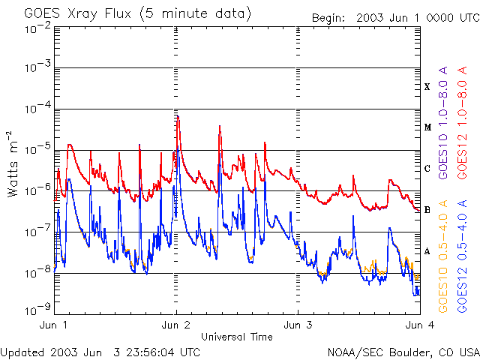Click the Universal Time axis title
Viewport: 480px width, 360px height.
click(x=237, y=337)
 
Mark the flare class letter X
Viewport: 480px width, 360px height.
click(x=427, y=87)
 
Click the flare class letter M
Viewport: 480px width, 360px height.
click(x=426, y=127)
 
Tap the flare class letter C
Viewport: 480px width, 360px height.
click(x=427, y=169)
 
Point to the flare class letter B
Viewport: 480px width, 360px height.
click(x=427, y=210)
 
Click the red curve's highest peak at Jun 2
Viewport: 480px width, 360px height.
click(x=177, y=116)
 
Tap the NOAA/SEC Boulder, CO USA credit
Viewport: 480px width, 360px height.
click(x=403, y=352)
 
